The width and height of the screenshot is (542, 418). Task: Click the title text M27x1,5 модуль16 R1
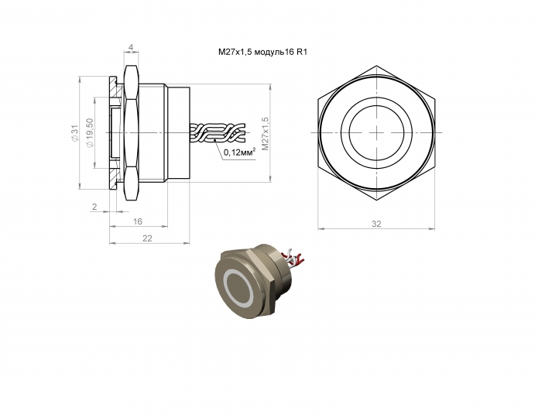coord(262,52)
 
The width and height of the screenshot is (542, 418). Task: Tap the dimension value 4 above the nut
coord(131,46)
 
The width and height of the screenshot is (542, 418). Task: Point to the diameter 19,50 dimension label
coord(90,133)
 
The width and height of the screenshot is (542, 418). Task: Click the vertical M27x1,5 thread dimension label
coord(265,134)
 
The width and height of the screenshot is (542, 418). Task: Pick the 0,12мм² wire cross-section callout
coord(239,152)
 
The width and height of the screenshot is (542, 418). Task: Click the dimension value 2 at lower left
coord(94,207)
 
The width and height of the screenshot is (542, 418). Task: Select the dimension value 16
coord(138,221)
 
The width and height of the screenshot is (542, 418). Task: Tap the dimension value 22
coord(147,238)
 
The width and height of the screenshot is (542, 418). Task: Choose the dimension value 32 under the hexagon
coord(376,224)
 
